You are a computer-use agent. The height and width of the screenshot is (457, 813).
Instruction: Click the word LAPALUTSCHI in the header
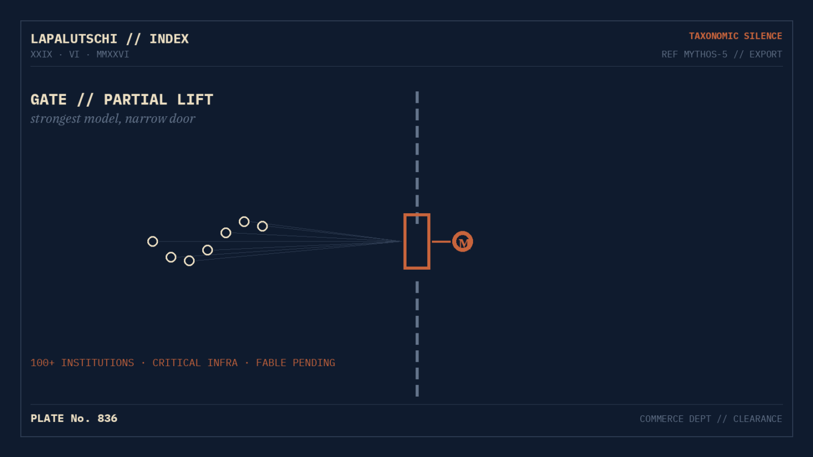(x=73, y=39)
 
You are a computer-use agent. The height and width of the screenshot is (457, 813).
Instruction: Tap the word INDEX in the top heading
(x=169, y=39)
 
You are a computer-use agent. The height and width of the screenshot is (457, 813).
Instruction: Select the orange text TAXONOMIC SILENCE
(x=735, y=36)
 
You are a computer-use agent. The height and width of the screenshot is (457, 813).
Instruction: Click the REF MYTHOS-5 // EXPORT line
(x=722, y=54)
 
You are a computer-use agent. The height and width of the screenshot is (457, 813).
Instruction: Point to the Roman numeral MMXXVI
(x=112, y=54)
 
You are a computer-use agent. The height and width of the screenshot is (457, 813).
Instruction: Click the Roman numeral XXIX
(x=41, y=54)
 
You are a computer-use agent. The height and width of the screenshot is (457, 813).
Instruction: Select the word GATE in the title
(x=49, y=99)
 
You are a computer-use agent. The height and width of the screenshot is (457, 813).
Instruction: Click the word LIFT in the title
(x=195, y=99)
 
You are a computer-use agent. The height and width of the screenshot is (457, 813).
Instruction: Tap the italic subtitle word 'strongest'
(x=55, y=119)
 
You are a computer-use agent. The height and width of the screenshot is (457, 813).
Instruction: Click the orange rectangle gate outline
(x=405, y=241)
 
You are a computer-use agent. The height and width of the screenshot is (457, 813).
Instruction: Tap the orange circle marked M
(x=462, y=241)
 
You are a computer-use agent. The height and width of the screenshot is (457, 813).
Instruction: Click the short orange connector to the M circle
(x=442, y=241)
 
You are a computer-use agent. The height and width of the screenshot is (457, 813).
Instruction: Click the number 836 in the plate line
(x=107, y=419)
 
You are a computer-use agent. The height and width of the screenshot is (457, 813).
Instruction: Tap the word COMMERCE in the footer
(x=661, y=419)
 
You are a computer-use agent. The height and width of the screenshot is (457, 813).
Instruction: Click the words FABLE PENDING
(x=295, y=363)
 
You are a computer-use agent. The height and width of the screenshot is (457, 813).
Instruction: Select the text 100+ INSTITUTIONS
(x=82, y=363)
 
